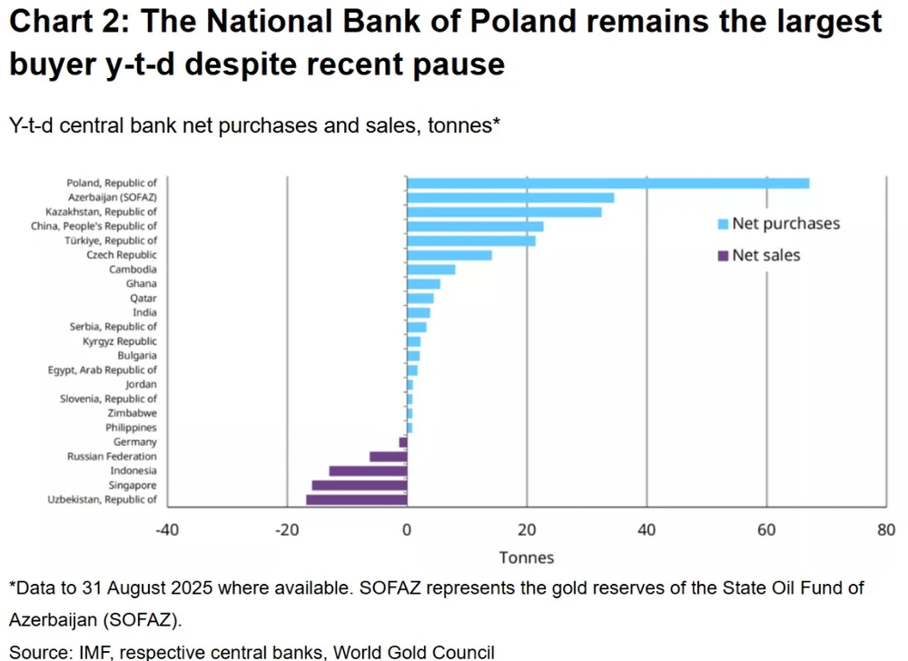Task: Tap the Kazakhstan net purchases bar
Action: tap(504, 212)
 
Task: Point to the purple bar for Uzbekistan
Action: tap(357, 499)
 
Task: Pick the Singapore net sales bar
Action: tap(360, 485)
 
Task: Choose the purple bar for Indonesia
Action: tap(368, 470)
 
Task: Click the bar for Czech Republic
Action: tap(449, 255)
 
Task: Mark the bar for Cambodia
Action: tap(431, 270)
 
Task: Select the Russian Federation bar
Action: tap(389, 457)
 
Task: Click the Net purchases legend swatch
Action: tap(723, 224)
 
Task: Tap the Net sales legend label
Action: tap(766, 256)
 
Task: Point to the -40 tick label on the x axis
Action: tap(167, 531)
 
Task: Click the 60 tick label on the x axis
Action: tap(766, 531)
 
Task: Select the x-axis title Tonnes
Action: tap(526, 557)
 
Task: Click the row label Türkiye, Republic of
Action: tap(112, 241)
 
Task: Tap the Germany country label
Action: tap(134, 442)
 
